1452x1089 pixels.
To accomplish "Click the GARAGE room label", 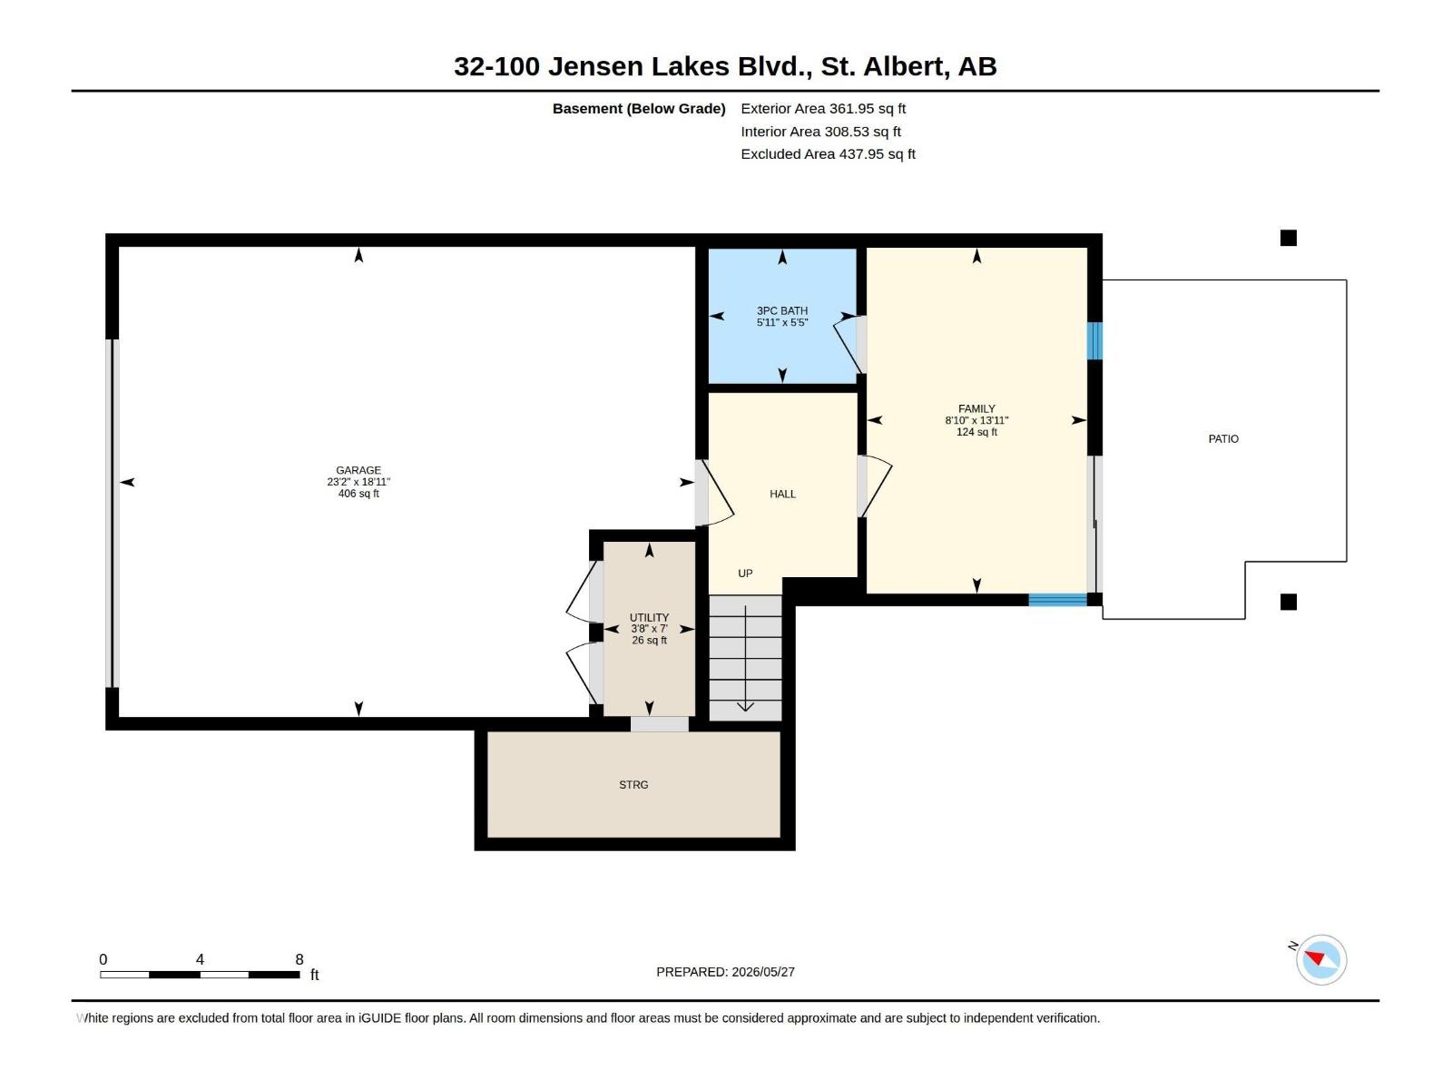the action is [x=358, y=470].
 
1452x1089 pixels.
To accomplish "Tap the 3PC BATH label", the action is [x=782, y=310].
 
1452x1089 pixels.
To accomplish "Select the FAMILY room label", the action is [x=976, y=408].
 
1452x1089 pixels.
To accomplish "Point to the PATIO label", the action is [x=1223, y=438].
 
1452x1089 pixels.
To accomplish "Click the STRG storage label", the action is [x=633, y=784].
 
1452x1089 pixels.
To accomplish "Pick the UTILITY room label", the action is [x=649, y=617].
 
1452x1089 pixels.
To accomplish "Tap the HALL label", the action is [x=782, y=494].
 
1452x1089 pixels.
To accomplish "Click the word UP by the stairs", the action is [x=745, y=574].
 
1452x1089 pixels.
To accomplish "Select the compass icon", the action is [x=1321, y=959].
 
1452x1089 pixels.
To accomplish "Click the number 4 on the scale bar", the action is [x=200, y=958].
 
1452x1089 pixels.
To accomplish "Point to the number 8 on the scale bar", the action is [x=299, y=958].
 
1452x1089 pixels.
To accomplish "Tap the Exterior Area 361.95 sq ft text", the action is [x=823, y=108].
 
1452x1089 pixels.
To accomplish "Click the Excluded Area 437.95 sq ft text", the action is [x=828, y=154].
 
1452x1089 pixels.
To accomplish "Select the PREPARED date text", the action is [x=725, y=971].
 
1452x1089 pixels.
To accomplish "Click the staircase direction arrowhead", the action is [x=746, y=707].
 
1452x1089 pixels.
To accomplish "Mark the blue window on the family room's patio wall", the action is [x=1094, y=340].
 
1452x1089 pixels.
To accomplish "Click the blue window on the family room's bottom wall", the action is [x=1057, y=600].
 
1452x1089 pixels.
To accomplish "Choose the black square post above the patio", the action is [x=1288, y=238].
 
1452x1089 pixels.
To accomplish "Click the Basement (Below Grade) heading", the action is [x=639, y=108].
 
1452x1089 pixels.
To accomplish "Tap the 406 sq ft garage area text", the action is [x=358, y=494].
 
